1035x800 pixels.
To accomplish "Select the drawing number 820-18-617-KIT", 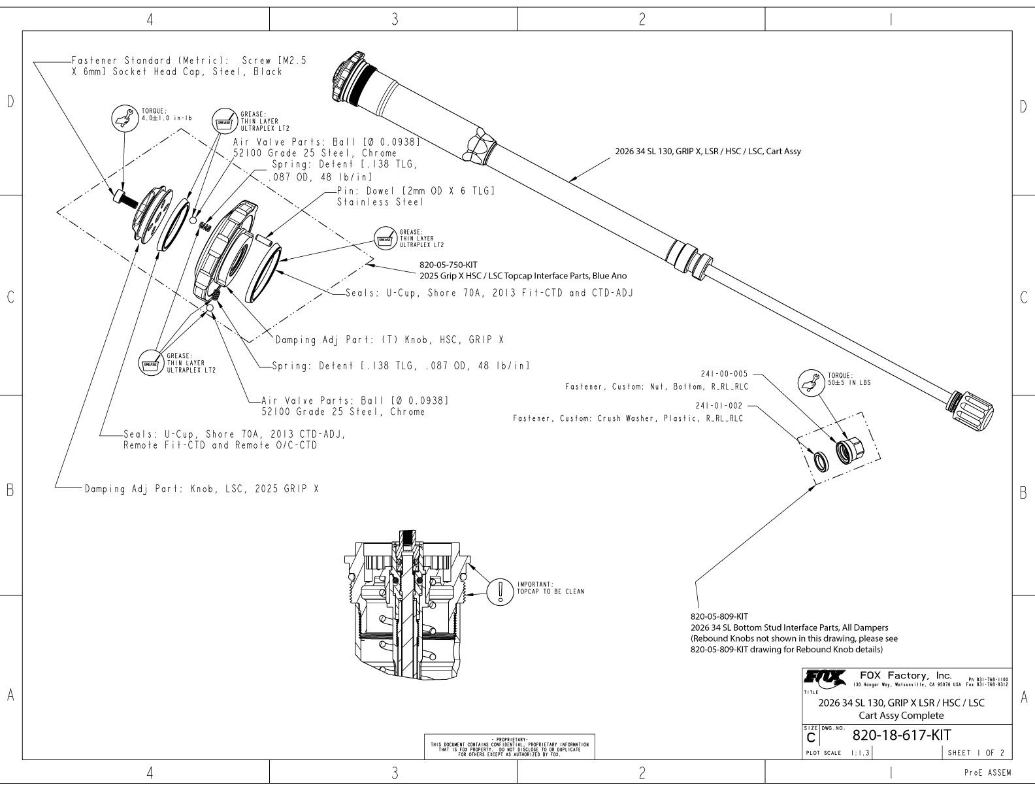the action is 901,735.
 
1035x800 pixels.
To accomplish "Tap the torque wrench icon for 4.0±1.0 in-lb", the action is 125,118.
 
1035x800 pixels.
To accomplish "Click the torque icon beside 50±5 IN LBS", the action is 811,382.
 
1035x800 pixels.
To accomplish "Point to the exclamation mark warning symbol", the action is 500,592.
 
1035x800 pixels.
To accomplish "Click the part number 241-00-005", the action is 724,374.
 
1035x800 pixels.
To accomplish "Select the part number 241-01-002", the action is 719,406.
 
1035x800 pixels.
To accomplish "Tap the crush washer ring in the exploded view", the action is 820,461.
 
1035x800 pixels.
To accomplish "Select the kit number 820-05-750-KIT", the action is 448,265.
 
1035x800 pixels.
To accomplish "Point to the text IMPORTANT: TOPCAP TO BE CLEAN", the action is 550,588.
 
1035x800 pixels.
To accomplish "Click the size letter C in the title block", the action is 811,738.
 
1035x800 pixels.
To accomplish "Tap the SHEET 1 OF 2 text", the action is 976,753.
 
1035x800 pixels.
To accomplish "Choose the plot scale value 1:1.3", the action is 860,753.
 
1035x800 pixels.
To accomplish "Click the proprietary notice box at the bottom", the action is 509,746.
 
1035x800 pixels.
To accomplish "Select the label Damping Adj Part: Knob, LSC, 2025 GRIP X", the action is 201,489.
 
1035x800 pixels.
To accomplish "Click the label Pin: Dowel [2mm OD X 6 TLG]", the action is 416,191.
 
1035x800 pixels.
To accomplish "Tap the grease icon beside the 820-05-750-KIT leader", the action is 386,239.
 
